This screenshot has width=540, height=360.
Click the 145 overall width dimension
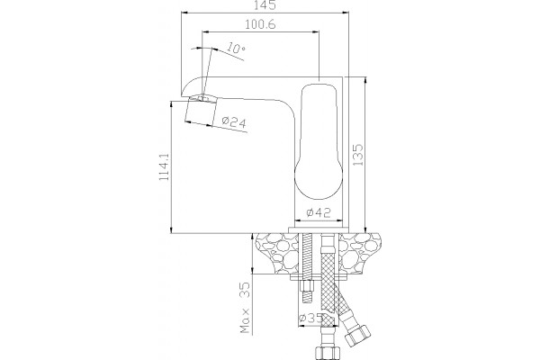pos(265,4)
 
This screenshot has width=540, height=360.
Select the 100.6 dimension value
pos(260,24)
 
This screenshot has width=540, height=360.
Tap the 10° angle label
pos(236,48)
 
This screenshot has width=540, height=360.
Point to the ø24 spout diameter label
pos(234,122)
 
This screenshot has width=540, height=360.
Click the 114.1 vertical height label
pos(164,166)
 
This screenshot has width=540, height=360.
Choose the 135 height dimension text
pos(358,155)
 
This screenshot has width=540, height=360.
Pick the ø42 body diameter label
pos(319,212)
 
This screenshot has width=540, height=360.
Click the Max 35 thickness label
pos(245,308)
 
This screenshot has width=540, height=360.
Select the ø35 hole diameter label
pos(310,318)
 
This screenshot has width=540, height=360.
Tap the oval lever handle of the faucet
pos(319,140)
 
